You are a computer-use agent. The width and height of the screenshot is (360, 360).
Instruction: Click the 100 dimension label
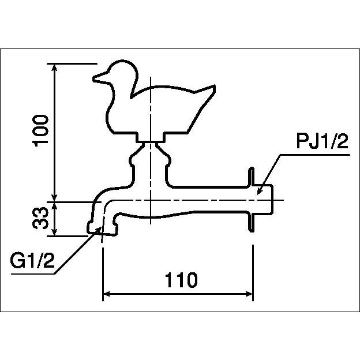point(41,131)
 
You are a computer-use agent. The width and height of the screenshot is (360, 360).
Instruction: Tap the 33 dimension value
point(40,218)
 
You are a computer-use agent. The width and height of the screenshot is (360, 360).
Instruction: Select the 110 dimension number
point(181,280)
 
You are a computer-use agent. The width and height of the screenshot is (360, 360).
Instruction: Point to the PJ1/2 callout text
point(322,141)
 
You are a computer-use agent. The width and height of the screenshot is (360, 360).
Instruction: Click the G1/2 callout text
point(32,260)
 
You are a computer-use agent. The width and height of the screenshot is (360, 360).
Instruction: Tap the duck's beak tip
point(93,78)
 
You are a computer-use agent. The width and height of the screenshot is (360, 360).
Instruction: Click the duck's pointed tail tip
point(215,86)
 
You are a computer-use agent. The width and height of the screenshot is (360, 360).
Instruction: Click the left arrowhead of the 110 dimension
point(107,294)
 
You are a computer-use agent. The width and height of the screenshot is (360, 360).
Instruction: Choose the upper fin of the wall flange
point(252,177)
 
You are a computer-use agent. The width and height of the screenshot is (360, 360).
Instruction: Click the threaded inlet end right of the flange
point(264,199)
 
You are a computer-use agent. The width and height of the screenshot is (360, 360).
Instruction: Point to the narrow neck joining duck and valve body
point(150,143)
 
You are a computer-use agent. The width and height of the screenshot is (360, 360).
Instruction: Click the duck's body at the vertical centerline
point(150,110)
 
